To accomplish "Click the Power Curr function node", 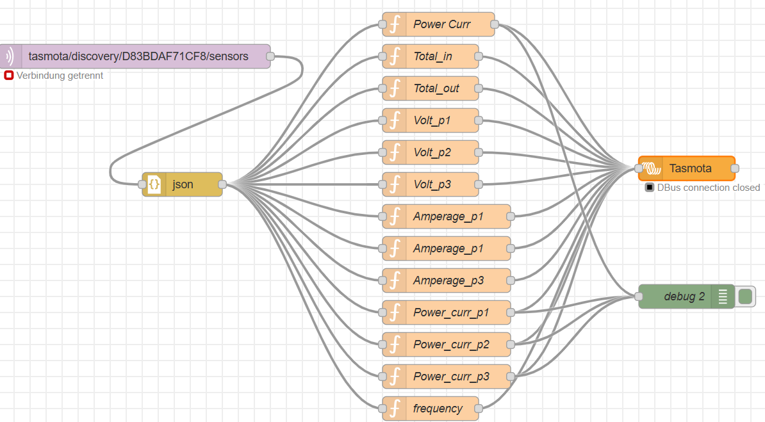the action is (438, 24).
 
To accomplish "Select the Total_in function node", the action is (431, 56).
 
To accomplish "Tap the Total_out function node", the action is (431, 88).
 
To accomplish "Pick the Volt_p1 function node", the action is (431, 120).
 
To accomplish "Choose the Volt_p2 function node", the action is (431, 152).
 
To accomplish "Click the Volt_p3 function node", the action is (431, 184).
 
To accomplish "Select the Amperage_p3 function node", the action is (447, 280).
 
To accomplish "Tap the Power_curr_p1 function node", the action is (447, 312).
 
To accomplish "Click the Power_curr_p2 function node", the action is (447, 345).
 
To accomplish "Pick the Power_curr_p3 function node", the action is (447, 376).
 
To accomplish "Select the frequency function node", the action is (431, 409).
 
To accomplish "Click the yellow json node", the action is (182, 184).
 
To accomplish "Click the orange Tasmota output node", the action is (686, 168).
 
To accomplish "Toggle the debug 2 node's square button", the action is (745, 296).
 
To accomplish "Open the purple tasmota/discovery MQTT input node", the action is (135, 56).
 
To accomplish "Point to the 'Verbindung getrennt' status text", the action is (60, 76).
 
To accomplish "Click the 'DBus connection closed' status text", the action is (709, 188).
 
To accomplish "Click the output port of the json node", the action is (222, 184).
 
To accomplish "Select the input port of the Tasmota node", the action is (639, 168).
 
